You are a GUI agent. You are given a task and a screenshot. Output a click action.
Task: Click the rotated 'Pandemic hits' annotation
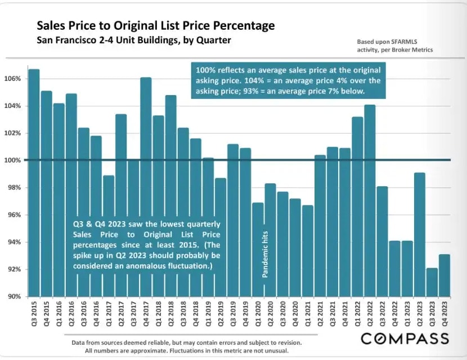pyautogui.click(x=264, y=253)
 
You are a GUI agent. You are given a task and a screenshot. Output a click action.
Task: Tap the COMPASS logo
pyautogui.click(x=405, y=339)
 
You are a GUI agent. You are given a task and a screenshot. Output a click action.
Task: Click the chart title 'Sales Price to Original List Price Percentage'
pyautogui.click(x=156, y=26)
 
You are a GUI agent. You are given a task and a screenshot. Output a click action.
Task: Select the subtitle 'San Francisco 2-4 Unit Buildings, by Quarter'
pyautogui.click(x=134, y=40)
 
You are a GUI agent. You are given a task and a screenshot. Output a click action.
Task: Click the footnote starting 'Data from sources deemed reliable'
pyautogui.click(x=187, y=343)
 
